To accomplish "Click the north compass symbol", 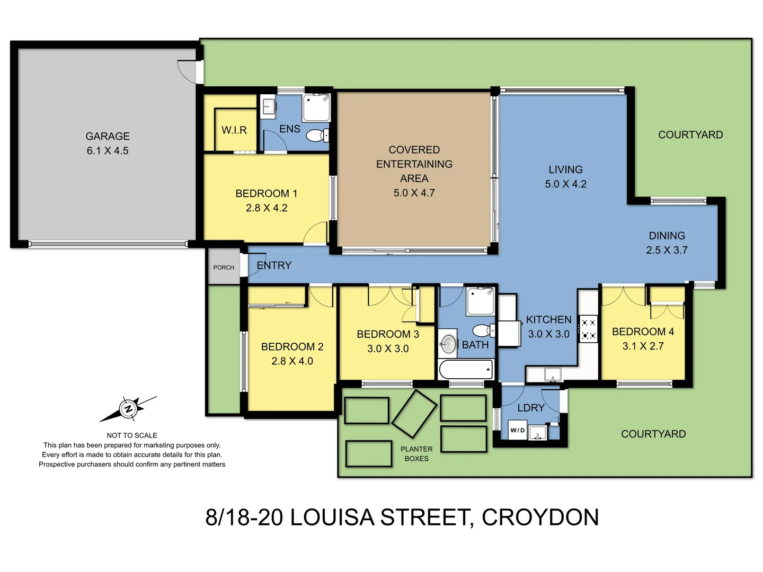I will pos(128,408).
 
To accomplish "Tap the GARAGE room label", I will pos(108,136).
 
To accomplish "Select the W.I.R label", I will pos(234,130).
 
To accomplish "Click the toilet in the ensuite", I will pos(316,136).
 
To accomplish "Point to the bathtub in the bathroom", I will pos(466,369).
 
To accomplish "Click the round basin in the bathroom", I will pos(448,344).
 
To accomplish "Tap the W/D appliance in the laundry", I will pos(518,430).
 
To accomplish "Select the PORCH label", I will pos(224,267).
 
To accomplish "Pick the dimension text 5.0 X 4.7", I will pos(414,193).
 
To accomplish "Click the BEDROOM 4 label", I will pos(643,332).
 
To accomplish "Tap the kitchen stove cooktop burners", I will pos(588,328).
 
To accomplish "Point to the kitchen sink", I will pos(553,374).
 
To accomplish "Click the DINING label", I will pos(667,236).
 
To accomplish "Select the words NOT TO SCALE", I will pos(132,435).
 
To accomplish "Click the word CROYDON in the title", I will pos(540,517).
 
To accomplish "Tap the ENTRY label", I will pos(274,265).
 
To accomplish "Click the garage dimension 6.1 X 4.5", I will pos(108,151).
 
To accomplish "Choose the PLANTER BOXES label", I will pos(416,454).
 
